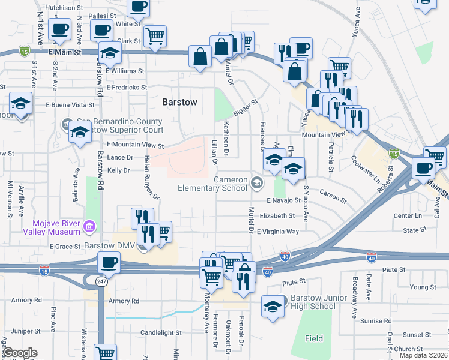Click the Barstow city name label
(179, 102)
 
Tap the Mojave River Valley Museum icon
(89, 226)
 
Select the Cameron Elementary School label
(212, 184)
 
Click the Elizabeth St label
(277, 215)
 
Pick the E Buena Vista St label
(71, 104)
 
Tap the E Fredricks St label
(126, 87)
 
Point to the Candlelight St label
(161, 332)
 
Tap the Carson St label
(334, 196)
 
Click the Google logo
(20, 353)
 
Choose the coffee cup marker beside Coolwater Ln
(423, 168)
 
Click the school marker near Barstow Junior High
(273, 307)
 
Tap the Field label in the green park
(313, 338)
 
